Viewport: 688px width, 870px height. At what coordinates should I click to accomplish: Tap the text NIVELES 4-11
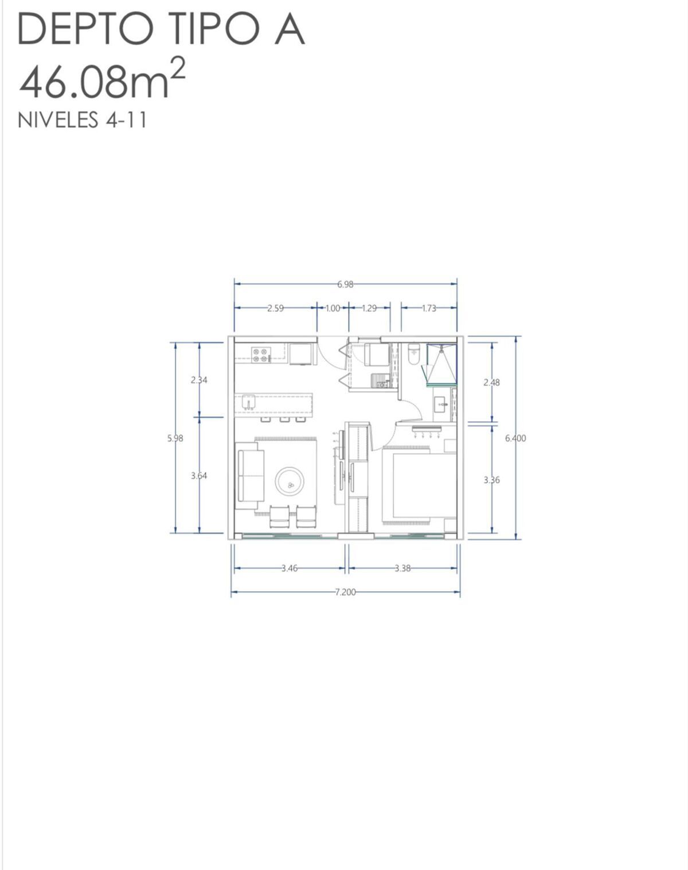pos(83,120)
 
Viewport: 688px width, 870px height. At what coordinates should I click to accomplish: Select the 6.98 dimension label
pos(345,284)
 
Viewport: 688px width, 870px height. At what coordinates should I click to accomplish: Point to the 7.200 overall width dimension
pos(345,592)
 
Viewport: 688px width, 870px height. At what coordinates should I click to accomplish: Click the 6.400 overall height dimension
pos(515,438)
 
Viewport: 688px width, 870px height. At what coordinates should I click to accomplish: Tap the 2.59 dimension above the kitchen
pos(275,308)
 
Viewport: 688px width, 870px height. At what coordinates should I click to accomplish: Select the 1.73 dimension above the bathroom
pos(429,308)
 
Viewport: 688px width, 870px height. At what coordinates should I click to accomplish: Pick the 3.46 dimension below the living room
pos(289,569)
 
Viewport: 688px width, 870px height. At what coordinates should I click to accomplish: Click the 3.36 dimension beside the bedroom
pos(491,480)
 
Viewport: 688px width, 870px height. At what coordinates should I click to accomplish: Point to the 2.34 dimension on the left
pos(199,380)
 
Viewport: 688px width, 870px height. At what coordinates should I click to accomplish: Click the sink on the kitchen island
pos(248,401)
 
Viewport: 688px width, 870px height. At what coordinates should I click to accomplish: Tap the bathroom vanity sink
pos(441,404)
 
